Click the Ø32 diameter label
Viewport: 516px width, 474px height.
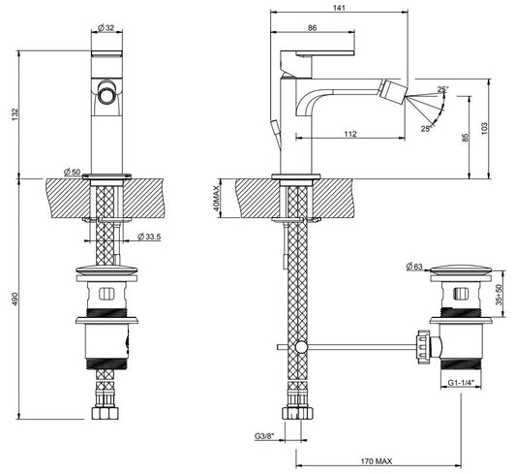(106, 28)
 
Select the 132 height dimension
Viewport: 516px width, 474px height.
(15, 114)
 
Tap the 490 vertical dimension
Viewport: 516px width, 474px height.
(15, 299)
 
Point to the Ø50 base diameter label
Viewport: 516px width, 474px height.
(72, 172)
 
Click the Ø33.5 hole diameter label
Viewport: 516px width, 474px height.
(149, 237)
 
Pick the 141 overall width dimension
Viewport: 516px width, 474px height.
(339, 8)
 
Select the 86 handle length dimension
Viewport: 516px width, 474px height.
(312, 28)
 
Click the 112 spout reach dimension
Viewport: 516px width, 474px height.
(350, 134)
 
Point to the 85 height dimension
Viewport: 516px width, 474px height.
(465, 138)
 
